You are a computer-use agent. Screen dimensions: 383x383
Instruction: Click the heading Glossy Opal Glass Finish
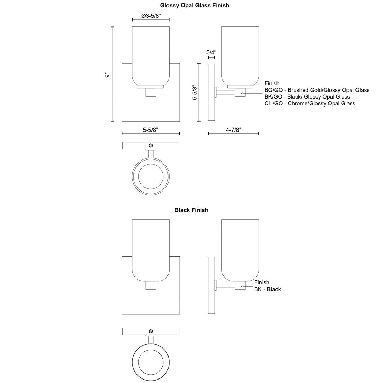pos(194,5)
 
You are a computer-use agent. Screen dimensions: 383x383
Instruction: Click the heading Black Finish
pos(191,210)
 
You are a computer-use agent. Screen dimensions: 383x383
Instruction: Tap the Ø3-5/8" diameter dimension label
pos(151,16)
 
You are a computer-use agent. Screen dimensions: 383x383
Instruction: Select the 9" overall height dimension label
pos(107,75)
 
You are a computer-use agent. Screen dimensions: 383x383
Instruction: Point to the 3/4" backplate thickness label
pos(211,52)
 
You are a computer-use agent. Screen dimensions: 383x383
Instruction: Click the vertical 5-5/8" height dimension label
pos(195,93)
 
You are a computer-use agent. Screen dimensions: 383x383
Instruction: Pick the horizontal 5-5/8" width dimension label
pos(150,130)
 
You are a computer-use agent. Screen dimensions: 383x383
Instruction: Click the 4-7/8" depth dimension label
pos(233,130)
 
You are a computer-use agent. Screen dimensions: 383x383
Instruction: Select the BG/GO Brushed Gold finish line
pos(317,90)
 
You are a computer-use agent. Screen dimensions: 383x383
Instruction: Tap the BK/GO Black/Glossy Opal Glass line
pos(307,97)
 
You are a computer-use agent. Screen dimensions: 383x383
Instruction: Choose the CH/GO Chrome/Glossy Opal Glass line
pos(310,103)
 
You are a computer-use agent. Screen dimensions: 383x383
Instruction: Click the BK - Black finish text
pos(267,289)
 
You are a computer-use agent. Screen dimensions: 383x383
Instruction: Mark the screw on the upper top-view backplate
pos(150,145)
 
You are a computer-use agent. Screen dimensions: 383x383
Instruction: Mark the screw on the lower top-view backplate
pos(150,331)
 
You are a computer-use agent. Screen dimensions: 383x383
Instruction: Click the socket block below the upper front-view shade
pos(150,93)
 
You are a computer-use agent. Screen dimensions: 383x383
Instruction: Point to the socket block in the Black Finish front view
pos(150,285)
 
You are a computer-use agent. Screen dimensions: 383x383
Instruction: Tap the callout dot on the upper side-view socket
pos(242,93)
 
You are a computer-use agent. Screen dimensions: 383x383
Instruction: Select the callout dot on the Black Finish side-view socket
pos(242,286)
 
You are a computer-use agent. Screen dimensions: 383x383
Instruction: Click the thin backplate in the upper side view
pos(211,93)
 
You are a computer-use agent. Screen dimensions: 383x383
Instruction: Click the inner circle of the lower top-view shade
pos(150,362)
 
